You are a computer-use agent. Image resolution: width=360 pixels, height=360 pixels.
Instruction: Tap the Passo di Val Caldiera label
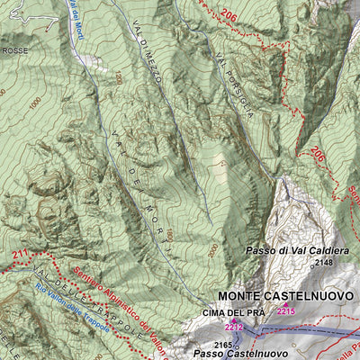coord(293,250)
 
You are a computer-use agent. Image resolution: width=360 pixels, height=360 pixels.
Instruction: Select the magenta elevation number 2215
coord(286,311)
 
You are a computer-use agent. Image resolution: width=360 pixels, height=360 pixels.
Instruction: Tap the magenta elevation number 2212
coord(235,328)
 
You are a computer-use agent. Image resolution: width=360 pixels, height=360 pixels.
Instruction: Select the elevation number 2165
coord(225,344)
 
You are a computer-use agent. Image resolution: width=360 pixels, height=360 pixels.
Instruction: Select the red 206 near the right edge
coord(317,155)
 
